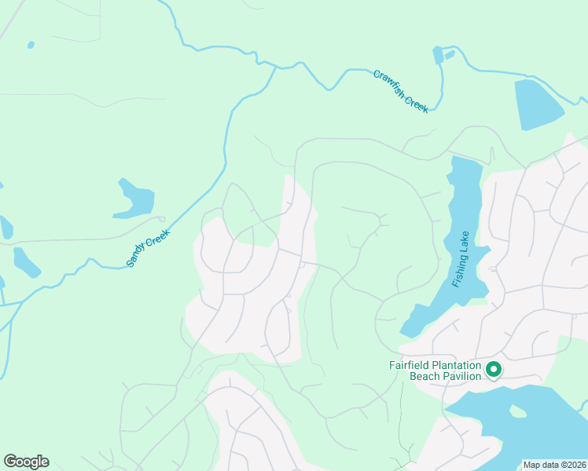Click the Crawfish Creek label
[x=401, y=92]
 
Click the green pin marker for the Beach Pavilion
[x=494, y=369]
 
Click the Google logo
[x=26, y=462]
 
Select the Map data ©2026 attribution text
[x=553, y=465]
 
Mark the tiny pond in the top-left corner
[x=31, y=45]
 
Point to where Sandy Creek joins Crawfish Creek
[x=275, y=68]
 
